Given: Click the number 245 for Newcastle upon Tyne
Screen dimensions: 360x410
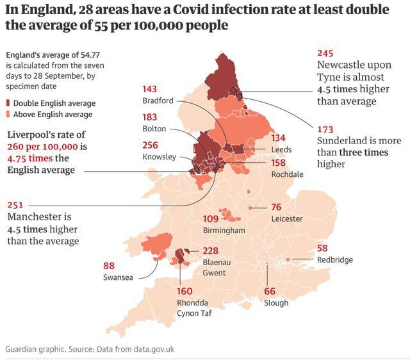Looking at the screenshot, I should [x=326, y=54].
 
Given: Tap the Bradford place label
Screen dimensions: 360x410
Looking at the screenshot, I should [x=158, y=101].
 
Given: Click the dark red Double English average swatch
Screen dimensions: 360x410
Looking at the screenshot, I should [x=8, y=103].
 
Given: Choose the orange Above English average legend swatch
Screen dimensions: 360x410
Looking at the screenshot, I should [x=8, y=115].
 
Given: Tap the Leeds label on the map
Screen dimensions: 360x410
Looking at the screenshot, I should [x=281, y=149].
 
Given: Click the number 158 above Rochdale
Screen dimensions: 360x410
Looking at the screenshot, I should [x=279, y=163].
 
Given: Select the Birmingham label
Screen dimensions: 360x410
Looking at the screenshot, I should [x=224, y=230].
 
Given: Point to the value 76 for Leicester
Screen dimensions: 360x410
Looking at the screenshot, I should [x=277, y=207].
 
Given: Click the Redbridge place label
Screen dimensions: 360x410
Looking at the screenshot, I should [x=335, y=259].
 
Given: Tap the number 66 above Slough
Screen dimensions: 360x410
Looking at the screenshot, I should [x=270, y=291].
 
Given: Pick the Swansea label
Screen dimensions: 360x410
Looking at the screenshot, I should [x=117, y=277].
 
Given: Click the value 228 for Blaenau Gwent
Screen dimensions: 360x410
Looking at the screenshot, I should [x=211, y=251].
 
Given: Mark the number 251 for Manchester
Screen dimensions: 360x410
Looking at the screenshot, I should [x=15, y=206].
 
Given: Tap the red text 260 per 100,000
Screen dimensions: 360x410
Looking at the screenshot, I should [x=38, y=147].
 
